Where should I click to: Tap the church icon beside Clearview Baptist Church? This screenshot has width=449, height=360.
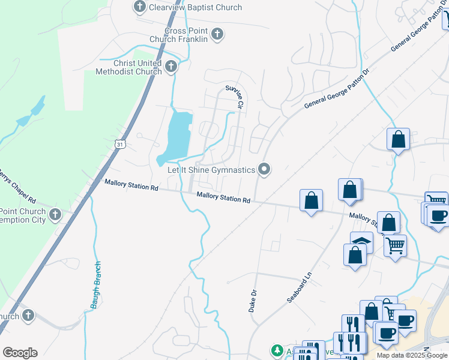click(140, 7)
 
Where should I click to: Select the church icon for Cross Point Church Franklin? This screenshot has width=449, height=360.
click(217, 34)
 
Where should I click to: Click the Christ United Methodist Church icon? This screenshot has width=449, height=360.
click(171, 67)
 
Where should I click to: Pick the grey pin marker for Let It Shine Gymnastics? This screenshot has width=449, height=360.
click(264, 169)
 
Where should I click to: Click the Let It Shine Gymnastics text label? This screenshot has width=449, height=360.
click(211, 170)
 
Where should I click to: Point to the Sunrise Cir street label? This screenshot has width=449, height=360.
click(234, 97)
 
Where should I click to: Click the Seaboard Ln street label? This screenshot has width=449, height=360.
click(300, 288)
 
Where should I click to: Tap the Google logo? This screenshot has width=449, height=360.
click(20, 353)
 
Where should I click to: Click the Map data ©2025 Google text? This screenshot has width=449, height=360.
click(412, 355)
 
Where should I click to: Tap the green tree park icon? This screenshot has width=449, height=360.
click(277, 350)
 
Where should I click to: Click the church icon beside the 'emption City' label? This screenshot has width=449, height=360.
click(55, 214)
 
